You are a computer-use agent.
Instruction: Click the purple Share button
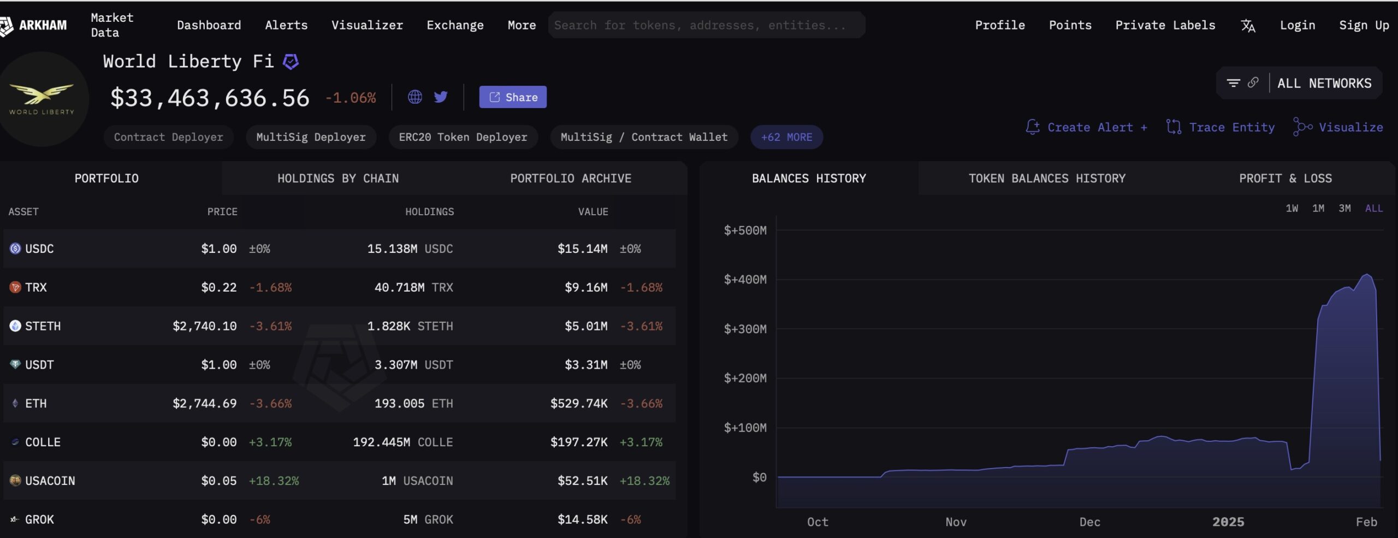click(x=512, y=97)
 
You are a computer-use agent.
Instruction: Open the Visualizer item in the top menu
click(x=367, y=25)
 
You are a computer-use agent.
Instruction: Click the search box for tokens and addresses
click(x=706, y=25)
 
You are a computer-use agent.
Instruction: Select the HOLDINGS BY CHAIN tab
click(x=338, y=179)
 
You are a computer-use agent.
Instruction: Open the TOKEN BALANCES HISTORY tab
click(x=1047, y=179)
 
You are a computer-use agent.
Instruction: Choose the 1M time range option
click(x=1318, y=208)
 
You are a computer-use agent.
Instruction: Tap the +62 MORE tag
click(x=786, y=137)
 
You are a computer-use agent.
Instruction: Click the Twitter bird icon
click(x=441, y=97)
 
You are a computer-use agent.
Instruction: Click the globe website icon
click(x=415, y=97)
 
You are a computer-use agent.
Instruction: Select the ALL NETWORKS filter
click(x=1324, y=84)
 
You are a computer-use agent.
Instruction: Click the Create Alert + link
click(x=1087, y=127)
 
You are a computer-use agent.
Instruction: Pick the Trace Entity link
click(x=1221, y=127)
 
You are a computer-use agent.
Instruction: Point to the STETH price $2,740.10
click(x=205, y=326)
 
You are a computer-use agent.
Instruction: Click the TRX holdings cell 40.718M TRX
click(x=413, y=287)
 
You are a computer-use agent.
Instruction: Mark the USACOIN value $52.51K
click(x=582, y=481)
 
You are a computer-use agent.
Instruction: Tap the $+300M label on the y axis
click(x=745, y=329)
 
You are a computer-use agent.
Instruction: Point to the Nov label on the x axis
click(x=956, y=522)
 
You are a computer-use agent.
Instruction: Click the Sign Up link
click(x=1364, y=25)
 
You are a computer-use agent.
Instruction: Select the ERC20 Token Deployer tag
click(x=463, y=137)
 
